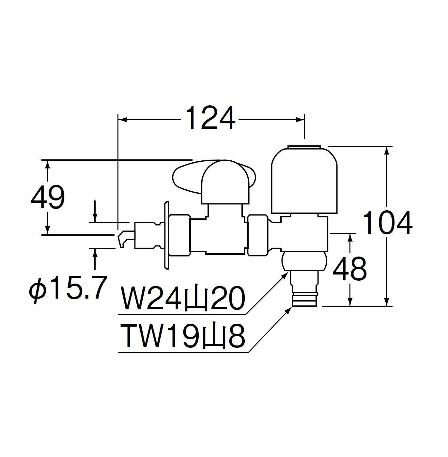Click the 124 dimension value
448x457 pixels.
point(210,118)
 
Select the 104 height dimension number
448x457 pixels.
point(387,222)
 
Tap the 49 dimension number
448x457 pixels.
point(48,197)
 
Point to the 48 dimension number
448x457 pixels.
point(349,269)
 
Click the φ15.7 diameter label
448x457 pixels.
point(67,288)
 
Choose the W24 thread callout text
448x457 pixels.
point(183,298)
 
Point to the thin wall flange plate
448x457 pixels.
point(167,235)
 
